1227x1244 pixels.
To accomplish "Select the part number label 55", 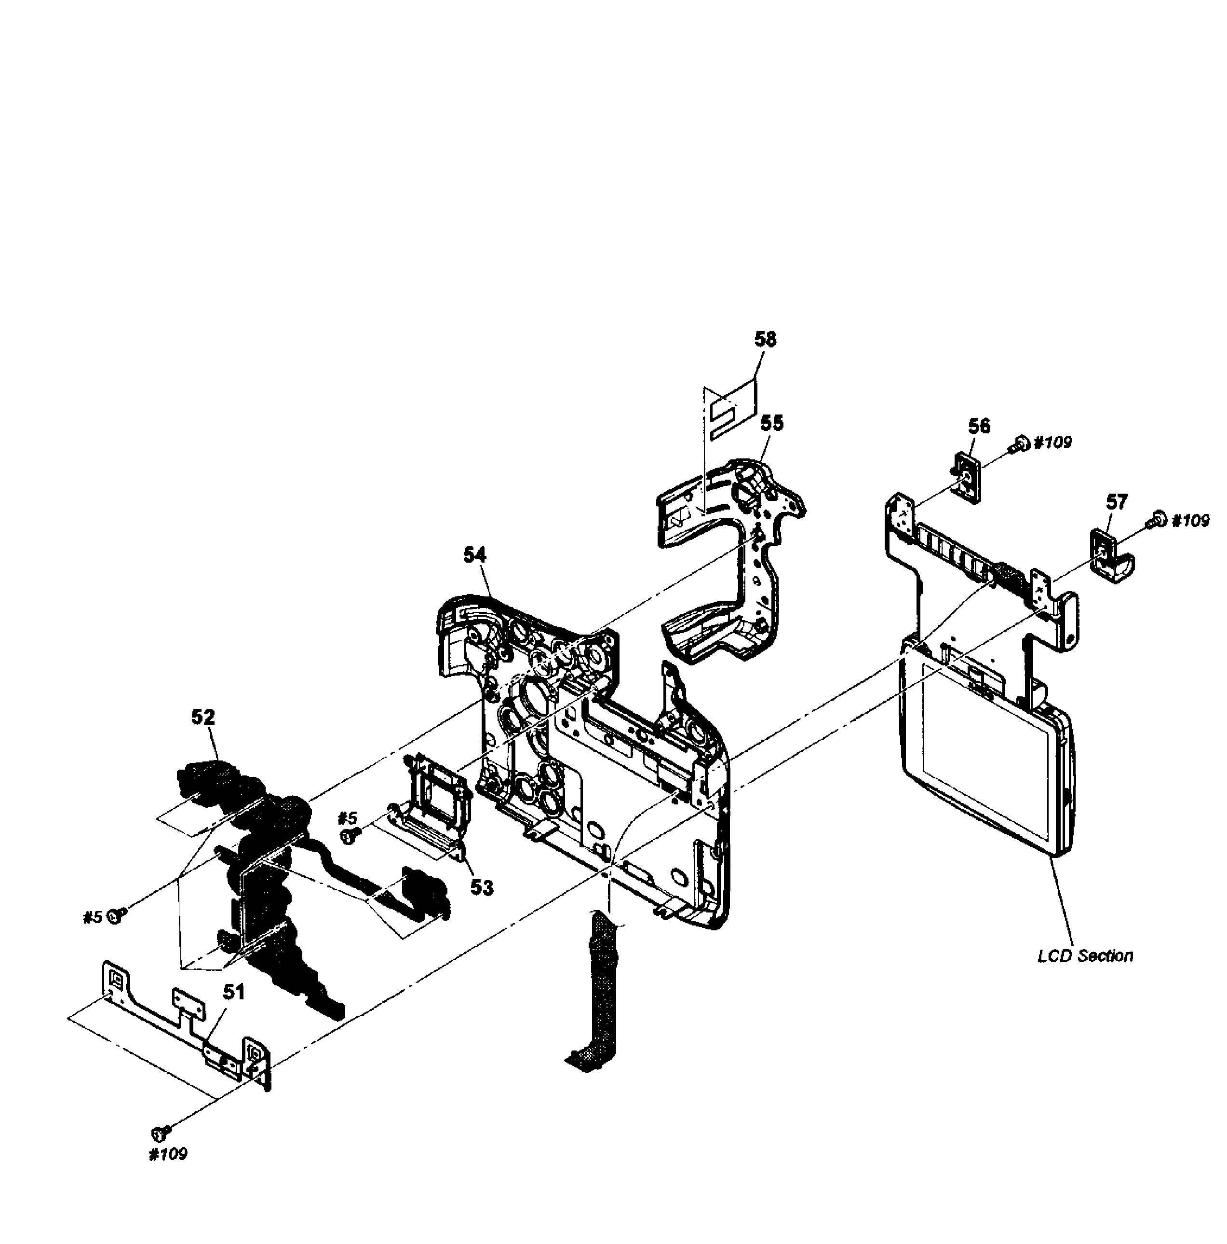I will click(771, 424).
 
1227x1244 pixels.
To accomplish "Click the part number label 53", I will click(481, 887).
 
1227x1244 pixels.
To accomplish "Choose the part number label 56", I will click(979, 426).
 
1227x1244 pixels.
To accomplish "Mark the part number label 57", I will click(1116, 501).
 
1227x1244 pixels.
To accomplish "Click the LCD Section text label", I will click(1085, 955).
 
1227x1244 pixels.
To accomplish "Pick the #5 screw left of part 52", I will click(117, 915).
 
